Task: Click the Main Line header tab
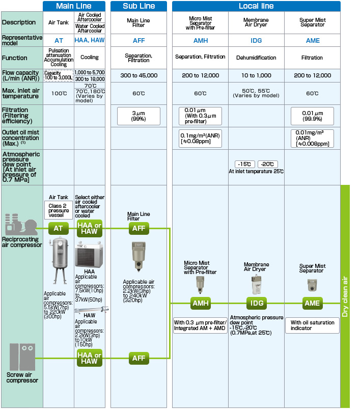74,6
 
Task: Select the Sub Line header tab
139,6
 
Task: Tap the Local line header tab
256,6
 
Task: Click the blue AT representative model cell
59,40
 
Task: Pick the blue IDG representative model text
256,40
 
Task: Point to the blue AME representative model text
312,40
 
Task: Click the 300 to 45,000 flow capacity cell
139,75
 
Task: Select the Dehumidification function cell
256,58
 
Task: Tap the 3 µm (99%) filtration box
139,116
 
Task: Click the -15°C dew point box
245,164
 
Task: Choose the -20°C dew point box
267,164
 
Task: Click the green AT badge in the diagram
59,229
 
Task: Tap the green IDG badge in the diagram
256,304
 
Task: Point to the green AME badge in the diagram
312,304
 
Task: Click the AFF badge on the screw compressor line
139,358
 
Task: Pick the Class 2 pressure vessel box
59,210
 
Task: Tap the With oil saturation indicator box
312,325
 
